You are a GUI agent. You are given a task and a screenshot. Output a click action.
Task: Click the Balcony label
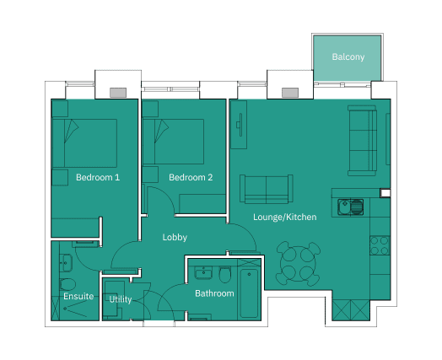pyautogui.click(x=348, y=56)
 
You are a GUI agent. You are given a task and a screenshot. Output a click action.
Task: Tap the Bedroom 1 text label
pyautogui.click(x=98, y=177)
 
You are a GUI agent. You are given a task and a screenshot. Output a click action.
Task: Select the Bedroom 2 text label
pyautogui.click(x=191, y=177)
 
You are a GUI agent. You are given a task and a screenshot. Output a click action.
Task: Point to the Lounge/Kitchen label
pyautogui.click(x=285, y=217)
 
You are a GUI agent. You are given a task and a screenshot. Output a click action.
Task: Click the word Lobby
pyautogui.click(x=175, y=237)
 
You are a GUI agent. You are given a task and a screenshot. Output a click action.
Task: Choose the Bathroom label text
pyautogui.click(x=214, y=293)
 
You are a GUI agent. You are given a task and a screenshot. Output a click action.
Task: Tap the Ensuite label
pyautogui.click(x=78, y=296)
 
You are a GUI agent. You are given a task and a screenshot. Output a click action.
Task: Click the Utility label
pyautogui.click(x=121, y=299)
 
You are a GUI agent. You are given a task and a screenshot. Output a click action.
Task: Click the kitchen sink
pyautogui.click(x=350, y=207)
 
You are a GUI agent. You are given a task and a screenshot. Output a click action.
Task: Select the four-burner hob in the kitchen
pyautogui.click(x=380, y=245)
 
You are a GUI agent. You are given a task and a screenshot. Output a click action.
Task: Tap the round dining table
pyautogui.click(x=298, y=264)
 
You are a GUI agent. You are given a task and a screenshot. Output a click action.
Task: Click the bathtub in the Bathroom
pyautogui.click(x=249, y=293)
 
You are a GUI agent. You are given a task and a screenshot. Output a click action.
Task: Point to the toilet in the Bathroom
pyautogui.click(x=224, y=275)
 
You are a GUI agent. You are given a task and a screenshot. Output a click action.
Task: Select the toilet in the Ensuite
pyautogui.click(x=67, y=284)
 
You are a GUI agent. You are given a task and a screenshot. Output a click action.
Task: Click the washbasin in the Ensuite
pyautogui.click(x=66, y=263)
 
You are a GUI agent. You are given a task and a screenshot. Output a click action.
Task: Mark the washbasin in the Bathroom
pyautogui.click(x=203, y=272)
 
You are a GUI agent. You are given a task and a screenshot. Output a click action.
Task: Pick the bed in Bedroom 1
pyautogui.click(x=84, y=143)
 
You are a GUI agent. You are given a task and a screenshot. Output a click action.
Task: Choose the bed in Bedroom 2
pyautogui.click(x=173, y=142)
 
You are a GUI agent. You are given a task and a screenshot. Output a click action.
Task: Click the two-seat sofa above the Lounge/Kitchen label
pyautogui.click(x=267, y=189)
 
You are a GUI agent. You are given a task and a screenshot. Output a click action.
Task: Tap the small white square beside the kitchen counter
pyautogui.click(x=385, y=193)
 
